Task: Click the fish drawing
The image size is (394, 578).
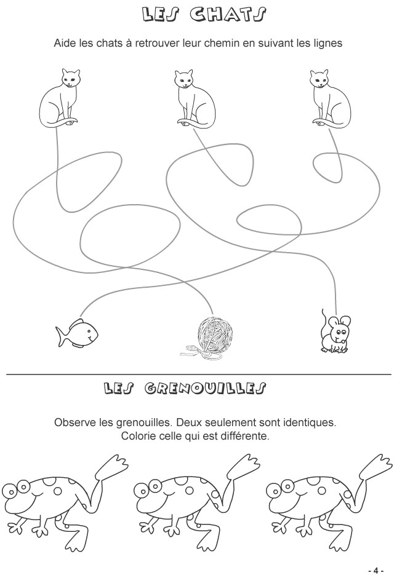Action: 77,333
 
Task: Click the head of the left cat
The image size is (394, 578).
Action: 70,77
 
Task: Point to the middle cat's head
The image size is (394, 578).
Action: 183,79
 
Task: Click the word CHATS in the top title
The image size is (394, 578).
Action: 228,15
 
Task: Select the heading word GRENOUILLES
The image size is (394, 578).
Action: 205,388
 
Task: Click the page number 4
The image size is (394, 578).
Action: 376,570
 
